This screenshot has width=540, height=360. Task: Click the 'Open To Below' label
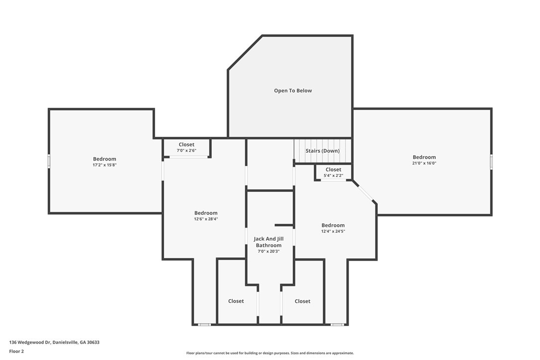pos(293,90)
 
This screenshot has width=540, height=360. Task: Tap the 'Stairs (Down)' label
pos(322,151)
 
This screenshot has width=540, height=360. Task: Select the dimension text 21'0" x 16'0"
pos(424,163)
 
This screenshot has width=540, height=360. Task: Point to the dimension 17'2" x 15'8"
pos(104,165)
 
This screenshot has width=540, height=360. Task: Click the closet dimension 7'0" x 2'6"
pos(186,151)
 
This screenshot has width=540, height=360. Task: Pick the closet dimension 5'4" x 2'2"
pos(333,176)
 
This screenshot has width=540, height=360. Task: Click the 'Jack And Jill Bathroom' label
pos(269,242)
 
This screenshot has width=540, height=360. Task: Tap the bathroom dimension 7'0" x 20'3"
pos(269,252)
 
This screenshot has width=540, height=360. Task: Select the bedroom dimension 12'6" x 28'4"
pos(205,219)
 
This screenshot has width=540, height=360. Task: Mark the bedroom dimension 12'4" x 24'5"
pos(333,232)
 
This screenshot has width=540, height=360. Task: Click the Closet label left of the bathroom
pos(236,301)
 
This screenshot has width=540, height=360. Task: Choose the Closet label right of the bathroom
pos(302,301)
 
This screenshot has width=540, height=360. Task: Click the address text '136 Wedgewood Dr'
pos(30,343)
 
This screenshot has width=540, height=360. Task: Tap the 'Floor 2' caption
pos(16,352)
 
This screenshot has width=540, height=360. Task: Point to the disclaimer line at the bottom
pos(270,353)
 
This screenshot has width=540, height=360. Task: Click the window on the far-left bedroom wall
pos(49,161)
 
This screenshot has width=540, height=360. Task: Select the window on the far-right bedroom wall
pos(491,162)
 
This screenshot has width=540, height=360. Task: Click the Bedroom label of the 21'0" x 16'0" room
pos(424,157)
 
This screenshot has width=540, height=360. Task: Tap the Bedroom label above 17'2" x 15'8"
pos(104,159)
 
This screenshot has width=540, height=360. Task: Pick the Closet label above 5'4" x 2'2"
pos(333,170)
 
